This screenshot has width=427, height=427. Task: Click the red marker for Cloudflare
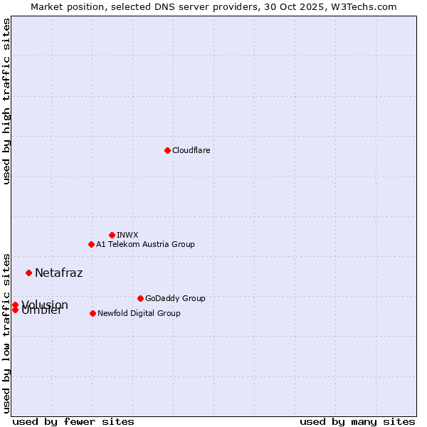[167, 150]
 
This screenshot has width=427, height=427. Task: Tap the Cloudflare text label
[191, 150]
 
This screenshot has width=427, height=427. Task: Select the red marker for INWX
[112, 235]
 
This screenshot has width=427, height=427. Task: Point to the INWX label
[127, 235]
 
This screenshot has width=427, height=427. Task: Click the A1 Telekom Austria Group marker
[91, 244]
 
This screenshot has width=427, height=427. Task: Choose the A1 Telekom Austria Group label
[145, 244]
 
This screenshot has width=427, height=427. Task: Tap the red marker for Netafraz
[28, 273]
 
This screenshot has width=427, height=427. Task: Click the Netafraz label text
[58, 273]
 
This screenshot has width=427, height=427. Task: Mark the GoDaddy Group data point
[140, 298]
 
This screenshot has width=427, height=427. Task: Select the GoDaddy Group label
[175, 298]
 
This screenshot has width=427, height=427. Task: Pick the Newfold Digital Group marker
[93, 313]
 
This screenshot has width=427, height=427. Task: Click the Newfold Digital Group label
[139, 313]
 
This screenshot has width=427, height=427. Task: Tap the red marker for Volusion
[15, 305]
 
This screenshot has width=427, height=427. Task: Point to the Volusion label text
[45, 304]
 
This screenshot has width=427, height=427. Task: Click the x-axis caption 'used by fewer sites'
[73, 421]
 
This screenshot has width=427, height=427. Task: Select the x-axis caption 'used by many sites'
[357, 421]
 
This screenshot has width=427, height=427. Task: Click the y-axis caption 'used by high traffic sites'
[6, 101]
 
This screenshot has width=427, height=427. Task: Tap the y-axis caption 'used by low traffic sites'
[6, 332]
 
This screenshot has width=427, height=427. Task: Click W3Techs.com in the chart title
[367, 6]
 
